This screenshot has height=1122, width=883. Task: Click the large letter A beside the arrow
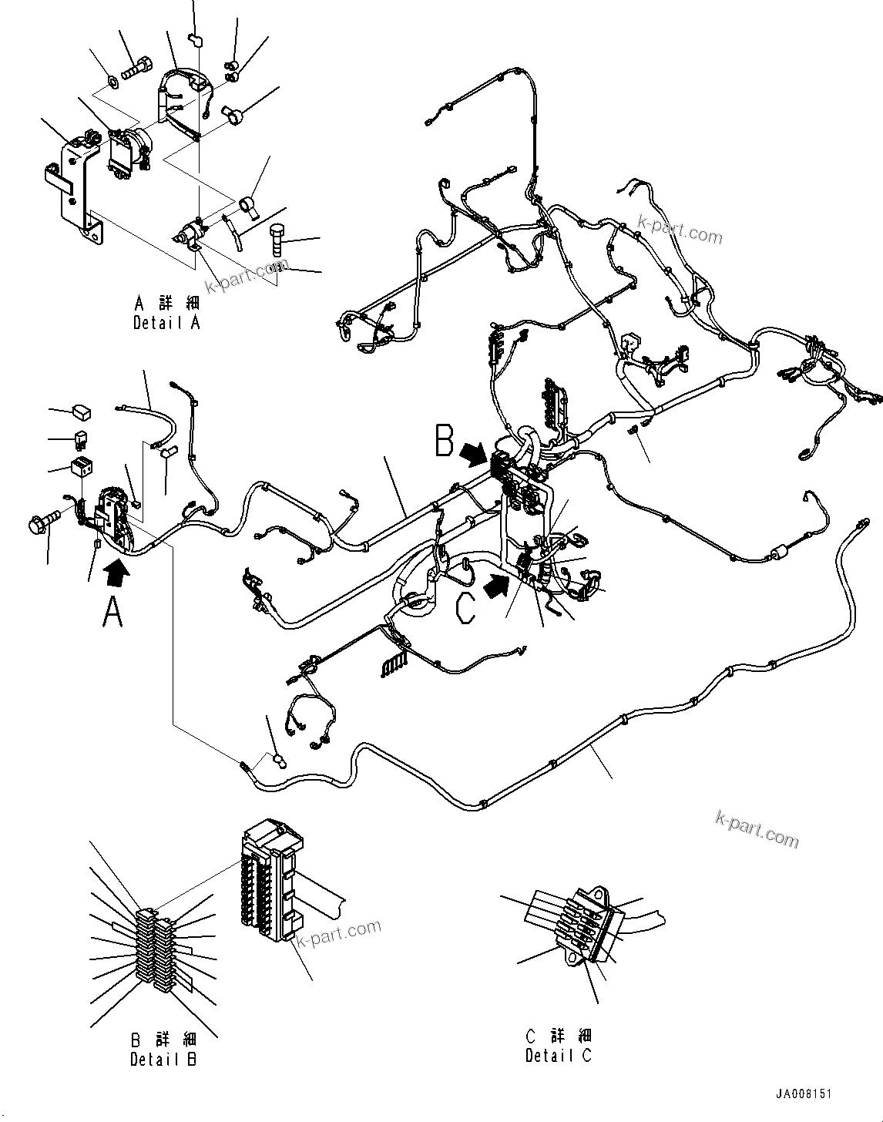click(x=112, y=613)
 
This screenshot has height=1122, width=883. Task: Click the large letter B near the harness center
click(x=444, y=441)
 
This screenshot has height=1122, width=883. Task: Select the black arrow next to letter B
click(x=474, y=454)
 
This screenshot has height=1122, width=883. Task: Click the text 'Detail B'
click(x=163, y=1060)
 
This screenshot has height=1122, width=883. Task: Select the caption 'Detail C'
click(x=559, y=1056)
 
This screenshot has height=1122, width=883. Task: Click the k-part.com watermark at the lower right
click(x=757, y=828)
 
